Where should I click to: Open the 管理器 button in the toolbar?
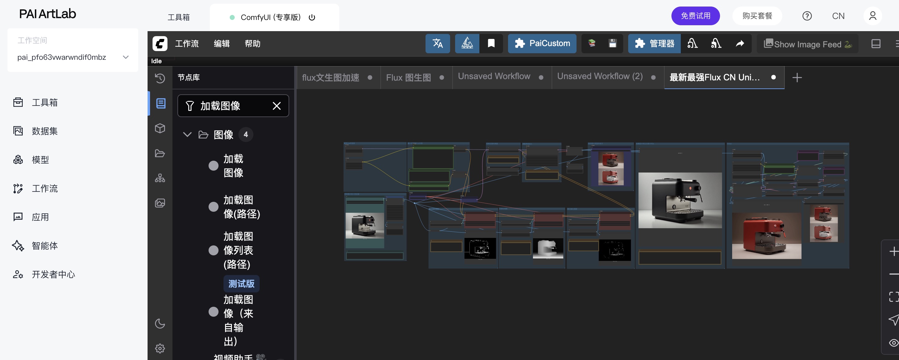[x=654, y=44]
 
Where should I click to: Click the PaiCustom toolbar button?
[x=542, y=44]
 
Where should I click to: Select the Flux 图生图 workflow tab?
[x=408, y=78]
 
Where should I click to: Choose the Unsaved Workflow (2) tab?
[x=600, y=77]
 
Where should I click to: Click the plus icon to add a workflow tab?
[x=797, y=78]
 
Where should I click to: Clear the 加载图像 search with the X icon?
[x=276, y=106]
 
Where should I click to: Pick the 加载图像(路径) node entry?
[x=242, y=207]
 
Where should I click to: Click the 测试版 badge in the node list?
[x=241, y=283]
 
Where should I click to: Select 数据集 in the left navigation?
[x=44, y=131]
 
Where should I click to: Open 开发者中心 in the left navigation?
[x=53, y=274]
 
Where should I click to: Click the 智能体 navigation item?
[x=44, y=246]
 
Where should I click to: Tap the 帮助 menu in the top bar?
[x=252, y=44]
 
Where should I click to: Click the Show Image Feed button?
[x=807, y=44]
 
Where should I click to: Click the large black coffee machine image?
[x=680, y=200]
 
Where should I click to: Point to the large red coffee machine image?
[x=766, y=236]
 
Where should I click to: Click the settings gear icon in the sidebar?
[x=160, y=348]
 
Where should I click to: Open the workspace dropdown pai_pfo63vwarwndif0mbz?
[x=73, y=57]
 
